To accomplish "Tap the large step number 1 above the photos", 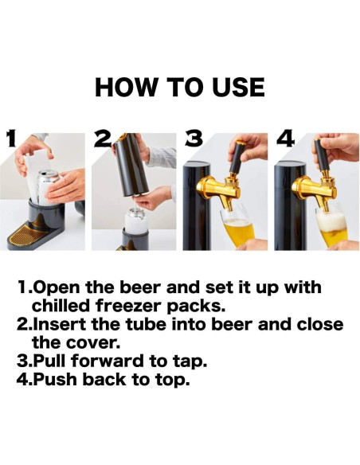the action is point(11,139).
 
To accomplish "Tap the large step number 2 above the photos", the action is point(103,139).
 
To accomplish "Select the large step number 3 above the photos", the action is point(194,139).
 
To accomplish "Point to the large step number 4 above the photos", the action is point(285,139).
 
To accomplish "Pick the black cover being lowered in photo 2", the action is point(131,165).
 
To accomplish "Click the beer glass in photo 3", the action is point(238,228).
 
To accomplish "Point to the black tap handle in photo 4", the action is point(323,155).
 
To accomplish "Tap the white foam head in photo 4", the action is point(331,222).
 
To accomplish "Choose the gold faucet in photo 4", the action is point(315,190).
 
